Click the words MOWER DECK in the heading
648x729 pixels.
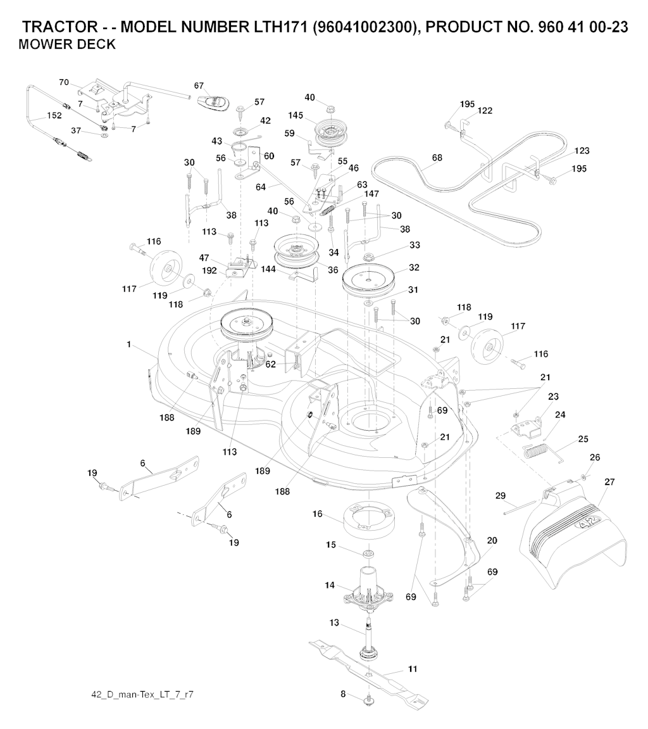click(67, 44)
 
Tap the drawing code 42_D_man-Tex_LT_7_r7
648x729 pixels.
click(142, 695)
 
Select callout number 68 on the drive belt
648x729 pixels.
click(437, 158)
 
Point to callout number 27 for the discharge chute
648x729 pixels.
click(609, 482)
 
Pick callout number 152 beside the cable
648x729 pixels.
click(54, 116)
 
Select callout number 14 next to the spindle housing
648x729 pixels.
click(330, 585)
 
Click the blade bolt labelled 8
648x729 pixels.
click(368, 699)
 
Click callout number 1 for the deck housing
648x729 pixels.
click(129, 344)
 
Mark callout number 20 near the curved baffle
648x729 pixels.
click(492, 541)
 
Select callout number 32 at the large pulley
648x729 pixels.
click(414, 268)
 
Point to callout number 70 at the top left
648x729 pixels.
click(64, 82)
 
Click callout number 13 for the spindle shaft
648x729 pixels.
click(335, 623)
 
